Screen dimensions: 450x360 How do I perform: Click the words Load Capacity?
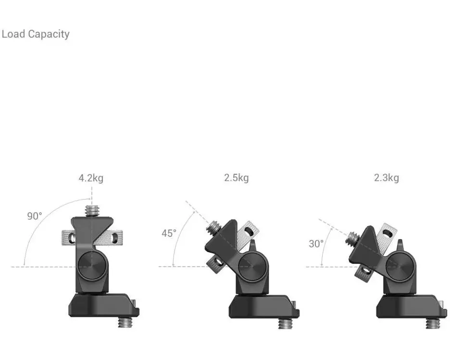pyautogui.click(x=36, y=34)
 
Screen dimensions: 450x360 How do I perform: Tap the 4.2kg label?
pyautogui.click(x=91, y=178)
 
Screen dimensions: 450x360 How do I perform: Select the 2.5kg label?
pyautogui.click(x=237, y=178)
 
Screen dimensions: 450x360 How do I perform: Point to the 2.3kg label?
pyautogui.click(x=386, y=178)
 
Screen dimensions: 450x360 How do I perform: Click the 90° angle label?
pyautogui.click(x=35, y=216)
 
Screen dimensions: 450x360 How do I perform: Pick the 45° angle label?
pyautogui.click(x=169, y=233)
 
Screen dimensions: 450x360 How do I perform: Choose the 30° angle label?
pyautogui.click(x=316, y=244)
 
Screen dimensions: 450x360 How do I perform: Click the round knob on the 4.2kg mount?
pyautogui.click(x=92, y=266)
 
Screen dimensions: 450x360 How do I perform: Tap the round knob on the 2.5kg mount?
pyautogui.click(x=252, y=266)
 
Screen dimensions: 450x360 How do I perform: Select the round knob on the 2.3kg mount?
pyautogui.click(x=400, y=266)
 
